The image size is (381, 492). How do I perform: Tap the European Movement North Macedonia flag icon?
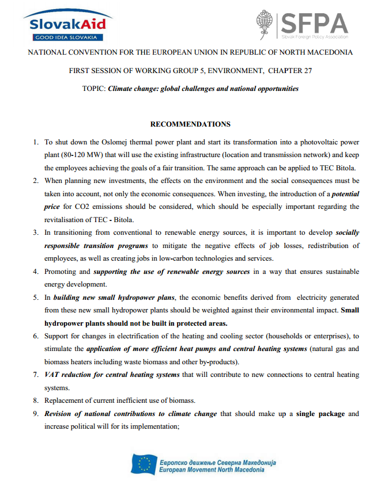142,464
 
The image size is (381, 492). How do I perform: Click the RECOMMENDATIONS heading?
190,124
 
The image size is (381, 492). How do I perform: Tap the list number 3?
35,233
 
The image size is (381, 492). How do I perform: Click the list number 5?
35,298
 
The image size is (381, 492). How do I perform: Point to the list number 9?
35,414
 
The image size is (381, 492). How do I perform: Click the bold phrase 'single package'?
320,414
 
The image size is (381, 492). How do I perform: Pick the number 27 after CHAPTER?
307,70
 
